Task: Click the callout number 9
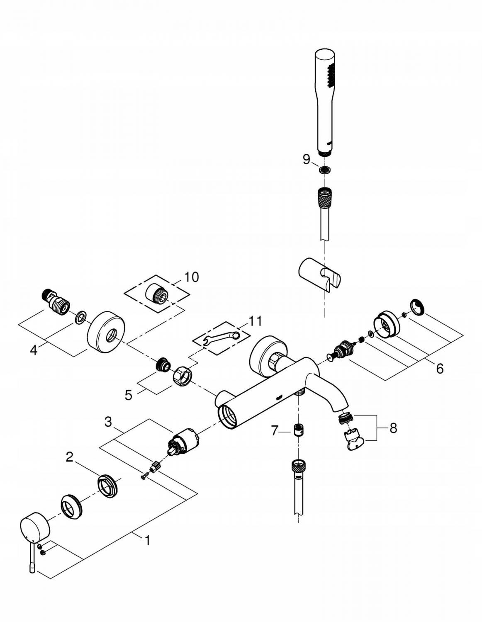[x=306, y=159]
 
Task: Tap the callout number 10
[x=191, y=277]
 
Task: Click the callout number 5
[x=129, y=395]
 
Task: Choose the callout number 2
[x=70, y=457]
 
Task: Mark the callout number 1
[x=147, y=541]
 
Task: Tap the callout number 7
[x=275, y=431]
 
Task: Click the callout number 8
[x=393, y=428]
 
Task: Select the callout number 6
[x=439, y=367]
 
